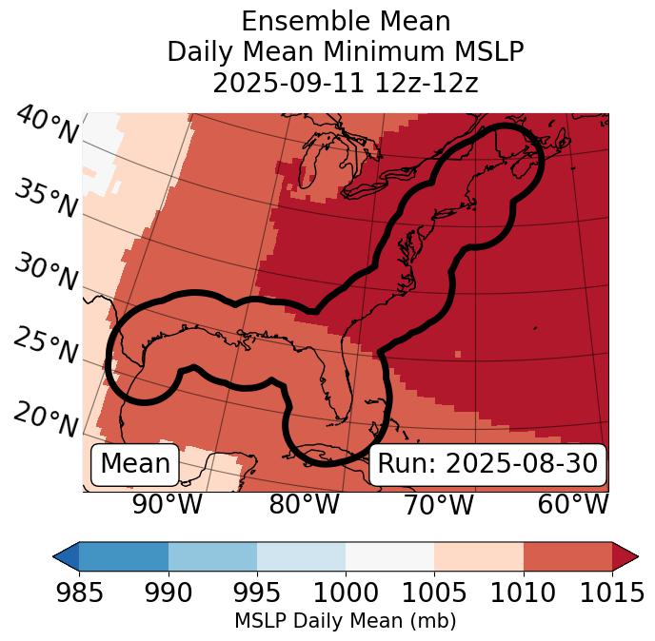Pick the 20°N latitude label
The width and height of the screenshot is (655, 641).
[x=46, y=418]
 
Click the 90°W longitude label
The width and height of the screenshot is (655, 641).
[x=168, y=504]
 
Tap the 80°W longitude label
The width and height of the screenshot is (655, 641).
[x=305, y=504]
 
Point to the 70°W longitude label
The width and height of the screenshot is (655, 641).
[x=439, y=504]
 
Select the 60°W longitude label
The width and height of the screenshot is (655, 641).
[x=573, y=504]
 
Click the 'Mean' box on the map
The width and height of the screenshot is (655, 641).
[x=135, y=464]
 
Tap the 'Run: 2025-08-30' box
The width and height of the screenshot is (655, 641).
[x=487, y=464]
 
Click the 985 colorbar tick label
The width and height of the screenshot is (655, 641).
[x=79, y=593]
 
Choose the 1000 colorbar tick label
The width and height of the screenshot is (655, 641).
[x=346, y=593]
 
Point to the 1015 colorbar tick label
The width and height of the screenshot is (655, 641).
[x=612, y=593]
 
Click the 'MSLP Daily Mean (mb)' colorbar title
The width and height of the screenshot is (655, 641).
[x=345, y=621]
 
